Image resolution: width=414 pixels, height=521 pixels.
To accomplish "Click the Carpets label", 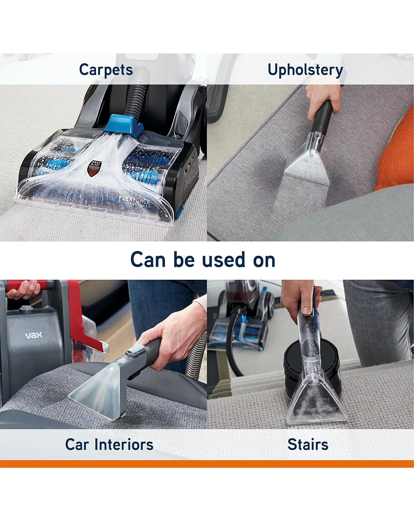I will [x=106, y=70].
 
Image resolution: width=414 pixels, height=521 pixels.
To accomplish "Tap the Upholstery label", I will [x=305, y=70].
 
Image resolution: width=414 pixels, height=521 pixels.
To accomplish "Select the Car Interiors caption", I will [x=109, y=444].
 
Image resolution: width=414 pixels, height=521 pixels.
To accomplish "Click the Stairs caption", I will [x=308, y=444].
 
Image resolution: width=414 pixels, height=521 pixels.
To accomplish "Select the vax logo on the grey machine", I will [x=34, y=335].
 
